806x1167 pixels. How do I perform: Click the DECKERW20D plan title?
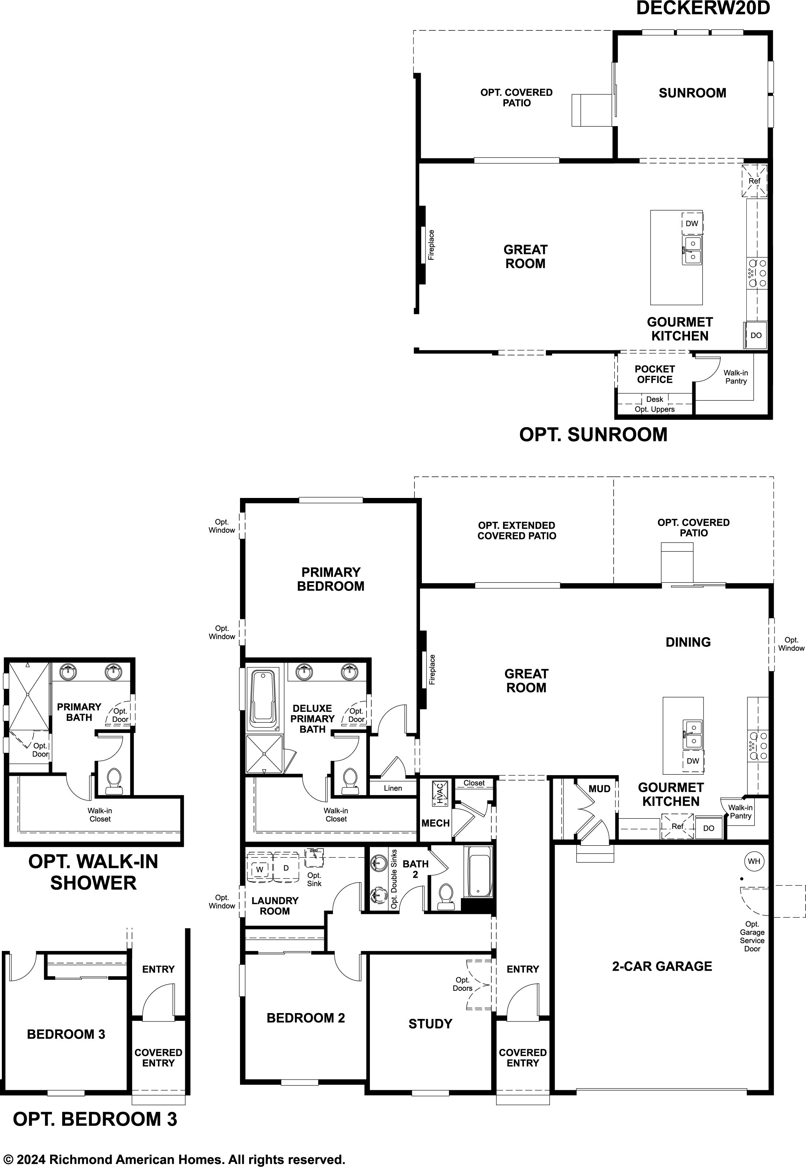(x=703, y=8)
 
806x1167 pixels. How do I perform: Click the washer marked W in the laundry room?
(x=259, y=869)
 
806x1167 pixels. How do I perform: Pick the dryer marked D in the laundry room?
(x=286, y=868)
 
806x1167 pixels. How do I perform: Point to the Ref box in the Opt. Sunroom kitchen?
(x=754, y=181)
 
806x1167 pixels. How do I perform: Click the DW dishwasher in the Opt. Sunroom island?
(x=691, y=223)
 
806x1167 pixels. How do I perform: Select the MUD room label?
(x=599, y=789)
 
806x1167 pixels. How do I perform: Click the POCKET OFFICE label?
(x=655, y=374)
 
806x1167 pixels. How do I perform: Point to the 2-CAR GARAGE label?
(x=662, y=966)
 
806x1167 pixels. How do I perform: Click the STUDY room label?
(x=430, y=1024)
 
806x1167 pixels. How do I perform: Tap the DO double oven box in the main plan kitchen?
(x=709, y=828)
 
